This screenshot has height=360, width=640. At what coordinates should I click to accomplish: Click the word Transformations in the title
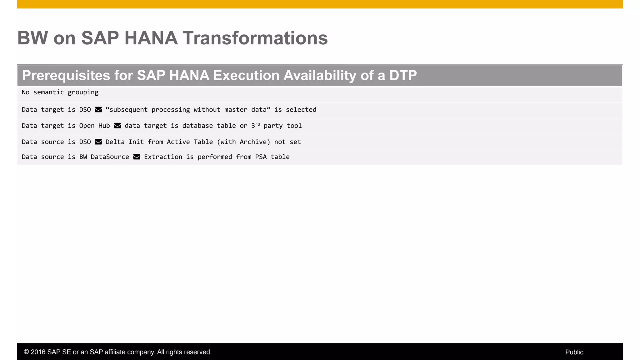click(255, 38)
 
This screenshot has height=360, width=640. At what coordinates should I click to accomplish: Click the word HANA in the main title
click(151, 38)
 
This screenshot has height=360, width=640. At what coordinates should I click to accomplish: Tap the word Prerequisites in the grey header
click(66, 75)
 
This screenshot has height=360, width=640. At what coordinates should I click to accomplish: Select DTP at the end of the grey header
click(403, 75)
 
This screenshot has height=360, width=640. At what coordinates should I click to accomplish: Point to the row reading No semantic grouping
click(60, 92)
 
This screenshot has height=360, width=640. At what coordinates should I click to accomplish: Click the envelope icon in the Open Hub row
click(117, 126)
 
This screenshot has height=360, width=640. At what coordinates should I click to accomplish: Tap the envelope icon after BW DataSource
click(137, 157)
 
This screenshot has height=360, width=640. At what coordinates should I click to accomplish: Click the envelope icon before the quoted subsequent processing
click(98, 110)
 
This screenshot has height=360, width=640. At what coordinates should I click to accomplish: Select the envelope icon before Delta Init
click(98, 142)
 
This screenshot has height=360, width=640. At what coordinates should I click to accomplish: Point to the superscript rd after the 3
click(257, 124)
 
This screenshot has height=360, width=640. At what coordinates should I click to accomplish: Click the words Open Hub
click(94, 126)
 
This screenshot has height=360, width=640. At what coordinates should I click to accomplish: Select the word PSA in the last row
click(261, 157)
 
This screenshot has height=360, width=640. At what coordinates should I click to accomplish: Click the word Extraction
click(163, 157)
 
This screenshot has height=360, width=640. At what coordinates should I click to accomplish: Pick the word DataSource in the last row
click(110, 157)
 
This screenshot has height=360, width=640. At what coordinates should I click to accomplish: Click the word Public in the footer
click(574, 352)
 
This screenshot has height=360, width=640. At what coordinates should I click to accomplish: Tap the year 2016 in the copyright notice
click(38, 352)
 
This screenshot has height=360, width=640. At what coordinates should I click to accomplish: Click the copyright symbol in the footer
click(26, 352)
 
